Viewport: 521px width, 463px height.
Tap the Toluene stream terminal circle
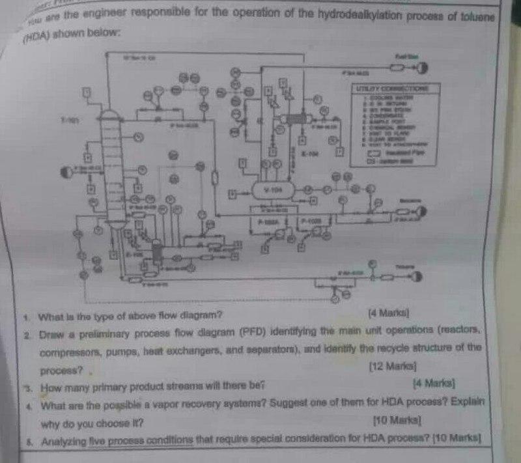pos(414,276)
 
